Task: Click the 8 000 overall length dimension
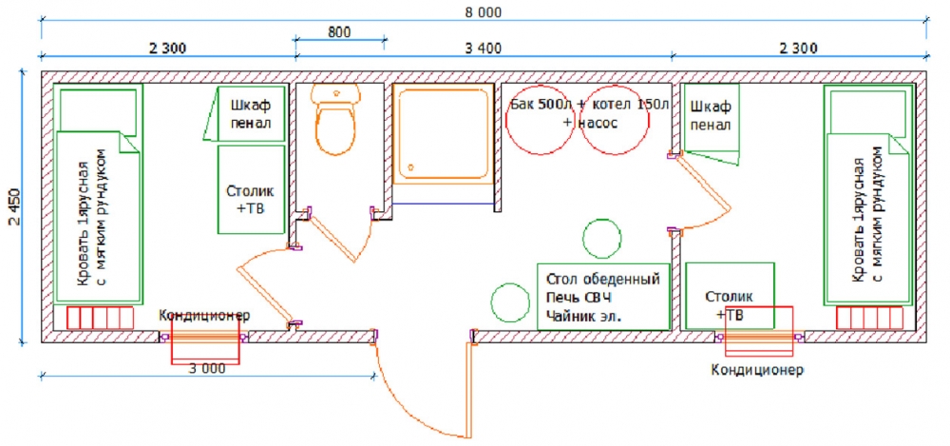click(484, 12)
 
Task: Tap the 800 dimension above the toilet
click(339, 32)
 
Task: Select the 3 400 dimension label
click(483, 48)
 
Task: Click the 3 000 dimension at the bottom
click(207, 368)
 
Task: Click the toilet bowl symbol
click(335, 119)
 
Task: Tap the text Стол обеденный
click(602, 281)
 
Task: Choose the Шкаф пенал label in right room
click(711, 116)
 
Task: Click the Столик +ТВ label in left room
click(250, 199)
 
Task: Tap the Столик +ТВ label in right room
click(730, 306)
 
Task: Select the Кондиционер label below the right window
click(757, 370)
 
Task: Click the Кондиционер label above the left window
click(204, 316)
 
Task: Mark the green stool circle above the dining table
click(601, 238)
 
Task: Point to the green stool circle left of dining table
click(510, 302)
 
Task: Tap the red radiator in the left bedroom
click(100, 318)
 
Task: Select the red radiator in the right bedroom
click(870, 318)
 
